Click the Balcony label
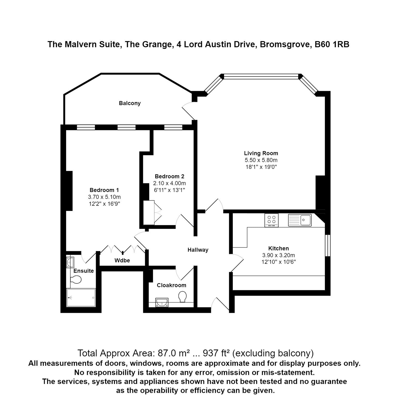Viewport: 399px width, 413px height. click(x=130, y=103)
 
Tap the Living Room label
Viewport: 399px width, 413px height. click(x=261, y=153)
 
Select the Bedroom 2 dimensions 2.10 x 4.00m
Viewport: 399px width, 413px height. click(x=169, y=183)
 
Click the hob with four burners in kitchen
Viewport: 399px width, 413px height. click(x=271, y=220)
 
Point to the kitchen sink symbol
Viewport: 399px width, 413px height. click(x=300, y=220)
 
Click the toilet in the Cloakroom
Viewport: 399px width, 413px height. click(x=182, y=297)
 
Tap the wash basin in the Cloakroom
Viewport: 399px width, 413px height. click(x=162, y=302)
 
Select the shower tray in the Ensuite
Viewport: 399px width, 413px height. click(x=81, y=297)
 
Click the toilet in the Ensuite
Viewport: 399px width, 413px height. click(x=76, y=280)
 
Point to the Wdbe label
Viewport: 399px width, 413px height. click(x=122, y=260)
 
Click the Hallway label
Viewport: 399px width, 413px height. click(x=198, y=250)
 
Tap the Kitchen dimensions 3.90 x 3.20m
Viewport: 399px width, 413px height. click(x=278, y=255)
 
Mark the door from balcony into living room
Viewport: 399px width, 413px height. click(x=188, y=111)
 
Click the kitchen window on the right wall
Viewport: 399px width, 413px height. click(x=328, y=245)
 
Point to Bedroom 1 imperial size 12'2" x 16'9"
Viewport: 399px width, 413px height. click(x=104, y=204)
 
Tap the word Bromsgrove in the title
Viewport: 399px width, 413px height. click(x=285, y=44)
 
